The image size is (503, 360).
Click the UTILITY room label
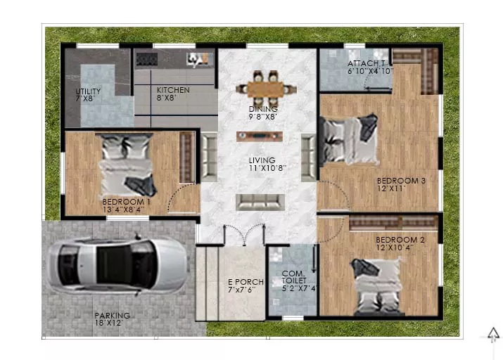click(88, 91)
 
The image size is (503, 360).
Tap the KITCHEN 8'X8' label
click(173, 94)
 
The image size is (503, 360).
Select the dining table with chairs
click(266, 88)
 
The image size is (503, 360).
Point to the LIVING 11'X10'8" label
click(267, 164)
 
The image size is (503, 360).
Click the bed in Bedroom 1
click(127, 165)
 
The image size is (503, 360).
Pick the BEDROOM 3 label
click(401, 181)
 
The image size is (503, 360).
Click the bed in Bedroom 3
click(350, 140)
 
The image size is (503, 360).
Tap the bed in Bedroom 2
click(376, 286)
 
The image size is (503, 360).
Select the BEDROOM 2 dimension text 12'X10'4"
click(395, 247)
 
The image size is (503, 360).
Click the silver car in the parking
click(117, 265)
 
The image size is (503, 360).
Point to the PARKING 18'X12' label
click(113, 319)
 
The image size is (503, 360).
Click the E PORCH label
click(246, 282)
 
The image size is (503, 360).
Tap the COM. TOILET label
click(293, 277)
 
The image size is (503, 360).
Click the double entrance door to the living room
click(244, 235)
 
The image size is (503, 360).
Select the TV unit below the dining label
click(260, 136)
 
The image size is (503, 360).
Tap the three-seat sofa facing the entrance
click(260, 202)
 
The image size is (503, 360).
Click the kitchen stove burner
click(147, 59)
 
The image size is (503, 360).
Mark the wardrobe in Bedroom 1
click(187, 157)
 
